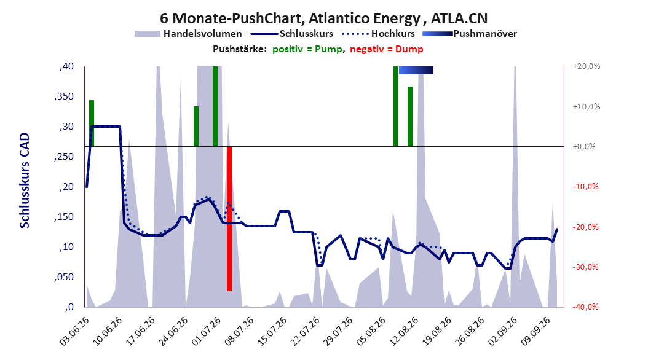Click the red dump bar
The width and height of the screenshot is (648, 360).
pyautogui.click(x=229, y=219)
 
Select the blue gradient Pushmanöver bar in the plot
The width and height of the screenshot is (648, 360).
pyautogui.click(x=416, y=70)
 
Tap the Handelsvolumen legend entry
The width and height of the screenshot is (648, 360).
pyautogui.click(x=188, y=34)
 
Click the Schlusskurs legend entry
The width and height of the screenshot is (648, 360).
pyautogui.click(x=292, y=34)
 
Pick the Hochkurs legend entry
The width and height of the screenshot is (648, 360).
pyautogui.click(x=379, y=34)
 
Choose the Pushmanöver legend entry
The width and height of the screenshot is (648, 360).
pyautogui.click(x=470, y=34)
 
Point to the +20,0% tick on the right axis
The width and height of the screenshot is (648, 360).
pyautogui.click(x=587, y=66)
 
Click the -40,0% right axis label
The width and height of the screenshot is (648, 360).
pyautogui.click(x=585, y=307)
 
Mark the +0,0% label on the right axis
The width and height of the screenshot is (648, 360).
pyautogui.click(x=584, y=147)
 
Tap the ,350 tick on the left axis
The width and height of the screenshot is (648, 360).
pyautogui.click(x=64, y=96)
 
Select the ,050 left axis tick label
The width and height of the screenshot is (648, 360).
pyautogui.click(x=64, y=276)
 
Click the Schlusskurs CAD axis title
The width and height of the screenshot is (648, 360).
pyautogui.click(x=25, y=181)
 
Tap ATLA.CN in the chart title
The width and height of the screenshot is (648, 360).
pyautogui.click(x=459, y=18)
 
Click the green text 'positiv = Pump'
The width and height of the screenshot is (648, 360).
pyautogui.click(x=307, y=49)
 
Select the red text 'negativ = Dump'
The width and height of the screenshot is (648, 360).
pyautogui.click(x=387, y=49)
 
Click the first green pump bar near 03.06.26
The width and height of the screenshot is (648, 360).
pyautogui.click(x=92, y=123)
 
